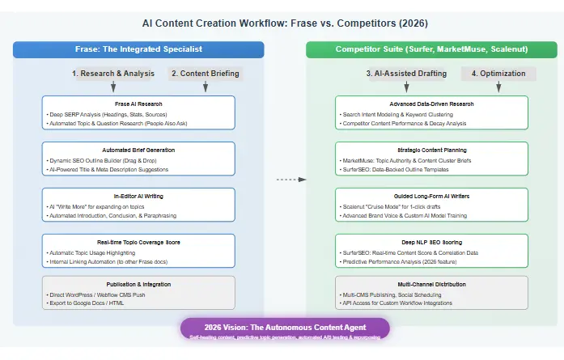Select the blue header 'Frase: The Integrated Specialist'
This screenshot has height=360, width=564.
coord(138,50)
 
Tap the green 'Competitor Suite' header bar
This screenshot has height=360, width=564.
coord(431,50)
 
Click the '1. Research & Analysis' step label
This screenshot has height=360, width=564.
coord(112,74)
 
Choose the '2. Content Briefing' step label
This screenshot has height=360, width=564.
coord(205,74)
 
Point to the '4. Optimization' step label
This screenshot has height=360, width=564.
coord(498,74)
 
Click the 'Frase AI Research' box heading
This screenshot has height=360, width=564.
coord(138,104)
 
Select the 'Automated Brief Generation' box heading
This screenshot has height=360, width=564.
coord(138,150)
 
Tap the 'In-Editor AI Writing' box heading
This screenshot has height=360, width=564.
coord(138,196)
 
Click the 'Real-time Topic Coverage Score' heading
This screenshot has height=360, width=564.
coord(138,242)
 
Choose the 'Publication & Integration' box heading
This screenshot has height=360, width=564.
coord(138,285)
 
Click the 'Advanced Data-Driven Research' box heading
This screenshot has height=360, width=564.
coord(431,104)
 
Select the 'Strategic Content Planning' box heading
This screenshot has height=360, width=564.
coord(431,150)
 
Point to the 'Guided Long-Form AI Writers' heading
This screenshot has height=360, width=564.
coord(431,196)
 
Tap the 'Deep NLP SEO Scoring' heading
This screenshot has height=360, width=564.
coord(431,242)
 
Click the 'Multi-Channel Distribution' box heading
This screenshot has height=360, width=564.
coord(431,285)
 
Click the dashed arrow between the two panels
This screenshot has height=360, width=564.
coord(285,179)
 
